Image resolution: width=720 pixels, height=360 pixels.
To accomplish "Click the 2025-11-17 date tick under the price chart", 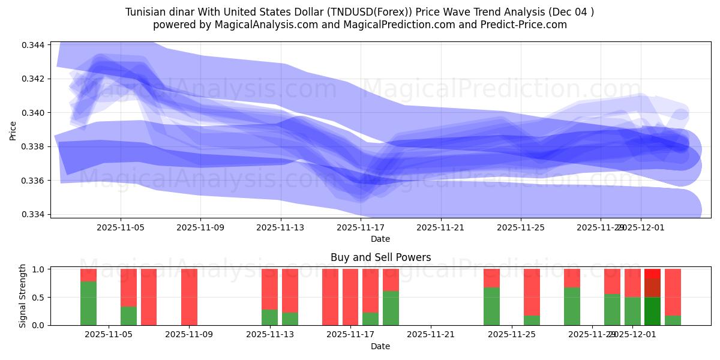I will point(361,228).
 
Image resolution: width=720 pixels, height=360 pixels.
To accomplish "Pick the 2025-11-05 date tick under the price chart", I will point(121,228).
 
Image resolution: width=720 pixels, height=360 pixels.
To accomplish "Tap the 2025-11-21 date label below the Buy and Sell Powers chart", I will point(431,335).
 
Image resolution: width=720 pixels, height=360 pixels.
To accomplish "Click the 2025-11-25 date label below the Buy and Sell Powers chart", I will point(512,335).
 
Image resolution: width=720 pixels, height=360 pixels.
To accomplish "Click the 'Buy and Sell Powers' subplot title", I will point(380,257).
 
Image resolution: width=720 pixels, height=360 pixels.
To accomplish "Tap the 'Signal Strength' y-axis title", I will point(23,296).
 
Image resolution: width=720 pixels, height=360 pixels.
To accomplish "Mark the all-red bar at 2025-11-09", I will point(189,297).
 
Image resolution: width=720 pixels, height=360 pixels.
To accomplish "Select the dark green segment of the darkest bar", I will point(652,311).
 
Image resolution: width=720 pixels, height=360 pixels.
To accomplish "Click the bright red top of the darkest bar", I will point(652,273).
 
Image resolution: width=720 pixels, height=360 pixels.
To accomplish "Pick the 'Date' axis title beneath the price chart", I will point(380,239).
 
